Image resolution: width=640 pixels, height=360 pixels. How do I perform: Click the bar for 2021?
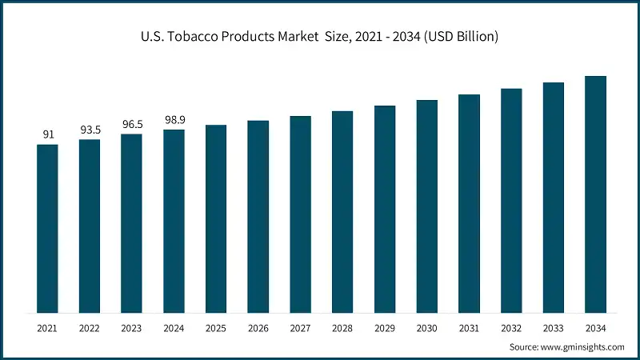48,228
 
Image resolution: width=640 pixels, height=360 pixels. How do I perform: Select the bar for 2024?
174,221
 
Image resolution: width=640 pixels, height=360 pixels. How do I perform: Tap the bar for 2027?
300,214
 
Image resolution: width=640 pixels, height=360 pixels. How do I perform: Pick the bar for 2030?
426,206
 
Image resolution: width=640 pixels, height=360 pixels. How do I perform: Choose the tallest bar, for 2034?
595,194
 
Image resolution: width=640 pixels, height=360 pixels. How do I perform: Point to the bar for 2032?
511,200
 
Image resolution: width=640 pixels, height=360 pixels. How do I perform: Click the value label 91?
48,134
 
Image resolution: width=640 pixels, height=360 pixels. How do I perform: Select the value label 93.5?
90,130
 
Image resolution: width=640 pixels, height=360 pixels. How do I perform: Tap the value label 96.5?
132,124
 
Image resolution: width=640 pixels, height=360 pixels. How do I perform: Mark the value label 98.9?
174,119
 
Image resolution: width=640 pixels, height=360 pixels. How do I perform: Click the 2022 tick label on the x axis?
90,328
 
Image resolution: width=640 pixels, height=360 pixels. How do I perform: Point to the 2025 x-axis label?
216,328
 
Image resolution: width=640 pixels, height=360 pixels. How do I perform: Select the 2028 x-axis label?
342,328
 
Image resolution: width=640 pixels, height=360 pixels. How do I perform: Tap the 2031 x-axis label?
469,328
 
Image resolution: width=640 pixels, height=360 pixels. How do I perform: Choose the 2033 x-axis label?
553,328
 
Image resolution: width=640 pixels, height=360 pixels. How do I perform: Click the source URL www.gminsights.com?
582,347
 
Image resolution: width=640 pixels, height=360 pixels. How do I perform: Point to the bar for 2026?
258,217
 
